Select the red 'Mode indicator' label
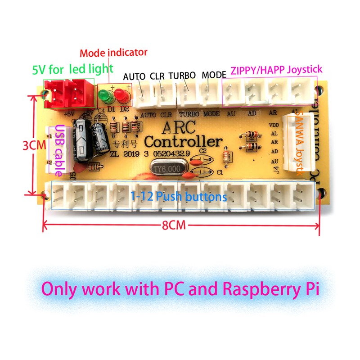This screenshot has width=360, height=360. tap(113, 53)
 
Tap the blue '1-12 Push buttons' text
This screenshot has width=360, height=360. tap(179, 197)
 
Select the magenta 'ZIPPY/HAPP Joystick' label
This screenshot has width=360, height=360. tap(276, 70)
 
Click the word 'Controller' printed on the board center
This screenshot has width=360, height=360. tap(184, 142)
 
